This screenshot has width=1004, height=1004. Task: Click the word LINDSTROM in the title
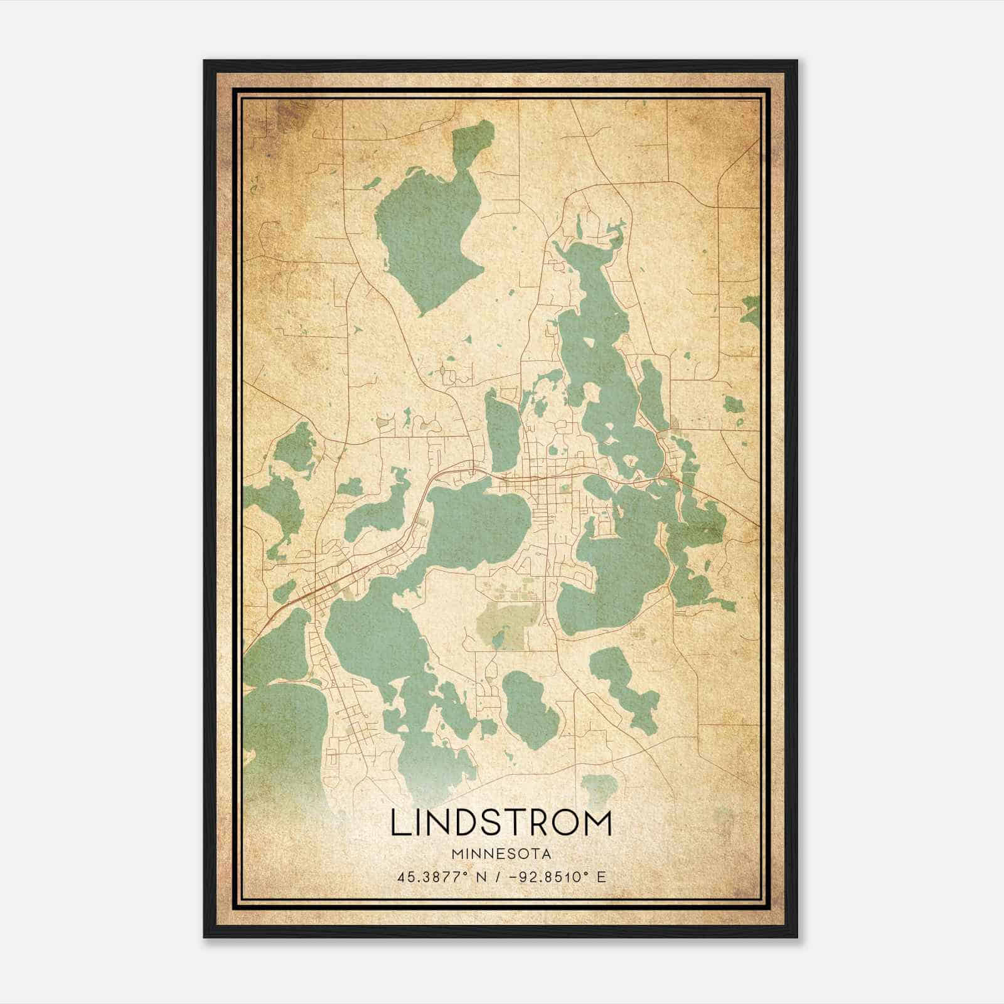click(x=501, y=823)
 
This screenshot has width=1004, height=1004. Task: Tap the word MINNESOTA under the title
click(x=501, y=854)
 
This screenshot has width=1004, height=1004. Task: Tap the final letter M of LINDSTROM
click(x=596, y=823)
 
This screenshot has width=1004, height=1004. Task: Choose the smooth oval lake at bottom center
click(x=530, y=709)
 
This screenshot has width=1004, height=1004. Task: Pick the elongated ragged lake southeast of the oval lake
click(x=624, y=684)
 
